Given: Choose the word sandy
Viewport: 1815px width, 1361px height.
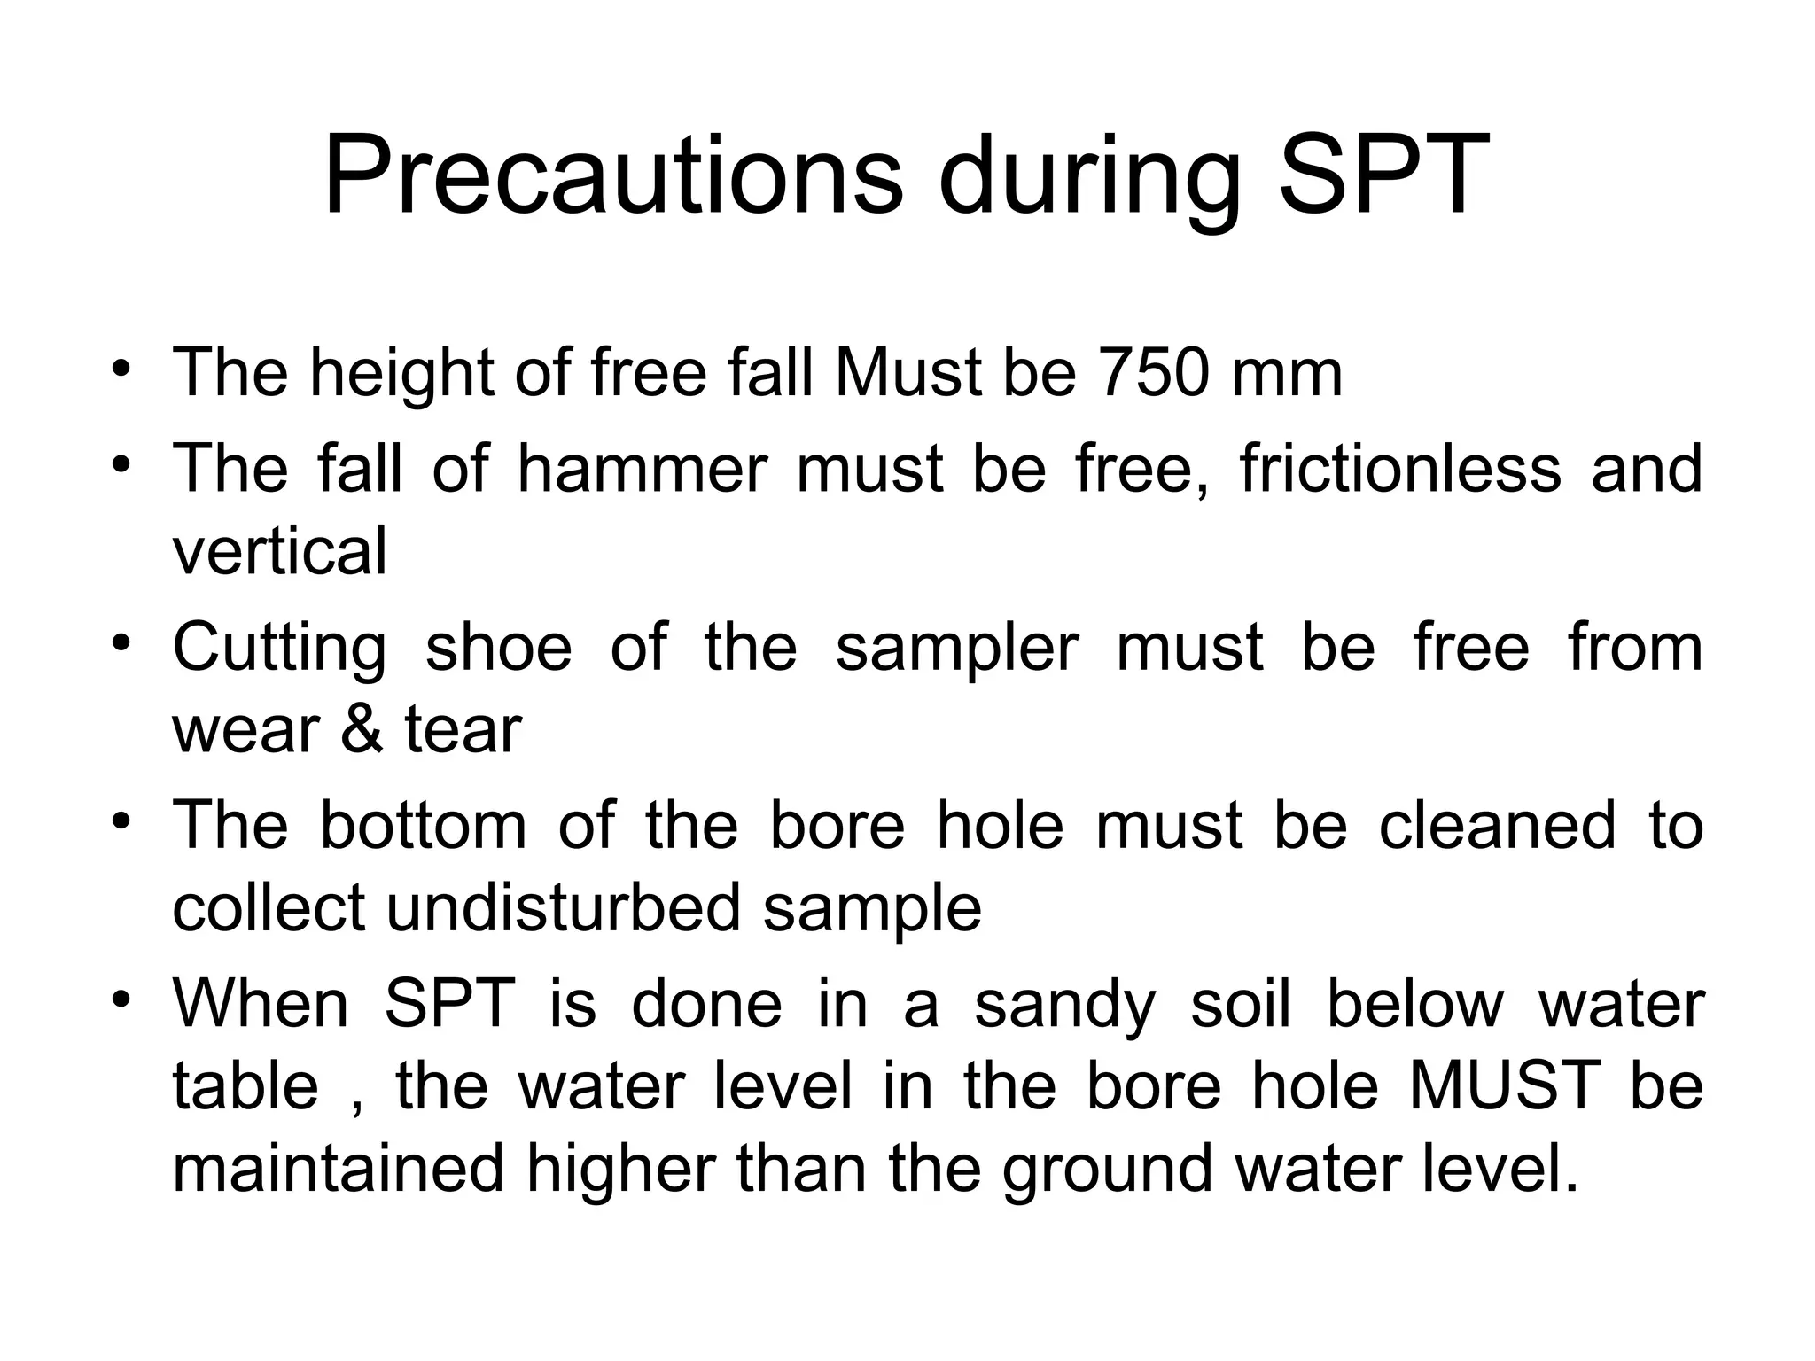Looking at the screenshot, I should tap(1064, 1005).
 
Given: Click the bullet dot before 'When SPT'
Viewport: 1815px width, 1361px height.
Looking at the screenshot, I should tap(122, 998).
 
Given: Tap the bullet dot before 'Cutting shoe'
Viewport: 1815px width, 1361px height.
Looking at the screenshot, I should tap(122, 642).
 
